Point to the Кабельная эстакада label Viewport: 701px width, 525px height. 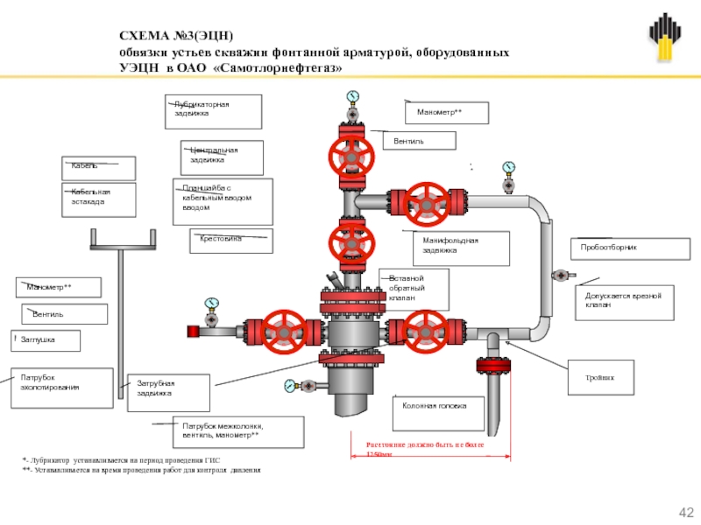pyautogui.click(x=97, y=199)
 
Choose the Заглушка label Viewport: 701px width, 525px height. pyautogui.click(x=48, y=340)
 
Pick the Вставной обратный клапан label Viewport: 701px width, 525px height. pyautogui.click(x=414, y=289)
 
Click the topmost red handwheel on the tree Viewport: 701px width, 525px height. pyautogui.click(x=350, y=156)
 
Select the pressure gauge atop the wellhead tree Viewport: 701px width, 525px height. pyautogui.click(x=352, y=96)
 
